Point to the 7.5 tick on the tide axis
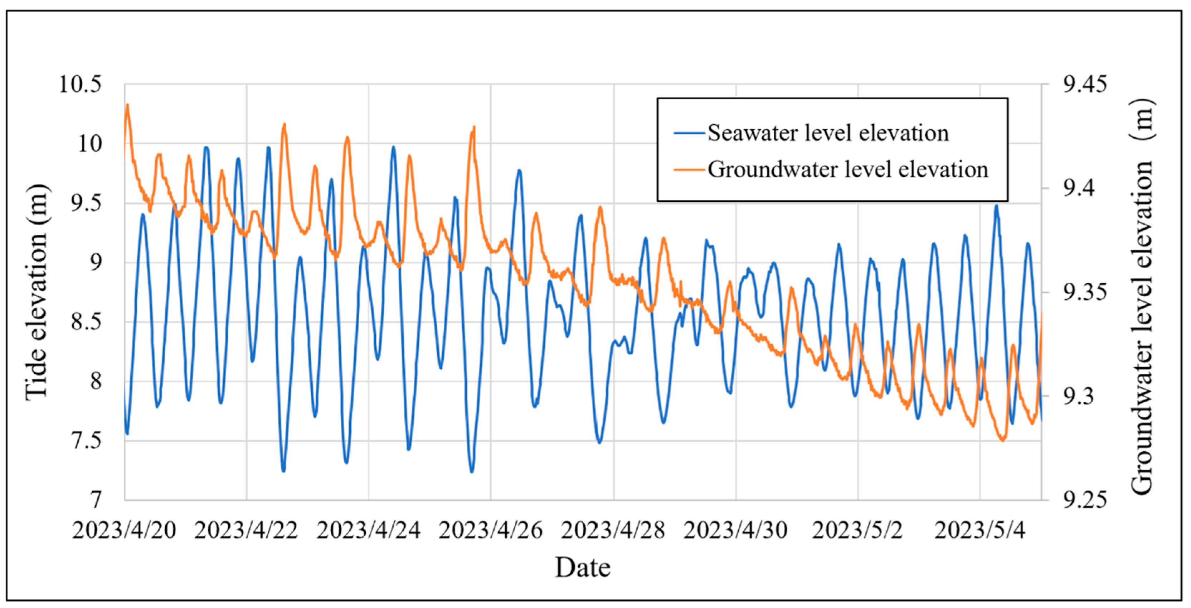(x=86, y=440)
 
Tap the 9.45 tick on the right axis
(x=1085, y=85)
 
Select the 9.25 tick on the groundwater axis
(x=1085, y=500)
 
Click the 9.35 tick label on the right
(x=1085, y=292)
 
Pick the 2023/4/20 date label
(x=124, y=530)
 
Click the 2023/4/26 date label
(x=491, y=530)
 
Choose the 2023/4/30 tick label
(x=735, y=530)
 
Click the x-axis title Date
(x=583, y=568)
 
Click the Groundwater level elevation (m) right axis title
(x=1142, y=296)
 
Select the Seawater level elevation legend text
(x=828, y=133)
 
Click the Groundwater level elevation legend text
(x=848, y=170)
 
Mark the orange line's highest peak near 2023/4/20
(x=128, y=105)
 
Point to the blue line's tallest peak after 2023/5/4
(x=996, y=206)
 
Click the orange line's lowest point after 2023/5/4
(x=1002, y=440)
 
